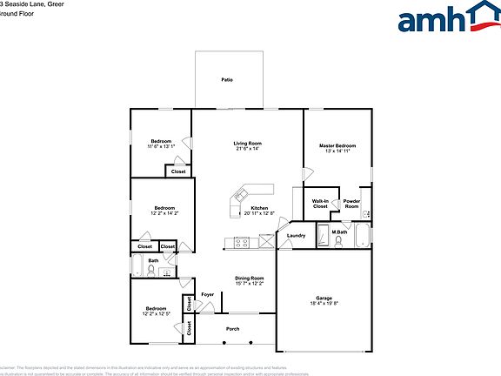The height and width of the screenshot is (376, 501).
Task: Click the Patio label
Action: coord(227,80)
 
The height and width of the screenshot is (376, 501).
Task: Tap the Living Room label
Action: coord(247,144)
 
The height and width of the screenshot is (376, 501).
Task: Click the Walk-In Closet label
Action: coord(320,204)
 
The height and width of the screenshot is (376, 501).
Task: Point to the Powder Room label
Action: coord(351,204)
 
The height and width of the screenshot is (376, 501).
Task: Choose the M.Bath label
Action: coord(339,232)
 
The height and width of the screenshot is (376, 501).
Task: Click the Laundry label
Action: coord(296,235)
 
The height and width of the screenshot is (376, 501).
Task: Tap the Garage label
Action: coord(324,299)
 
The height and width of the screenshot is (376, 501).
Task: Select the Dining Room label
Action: coord(249,278)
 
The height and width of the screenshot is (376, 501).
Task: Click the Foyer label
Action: coord(208,295)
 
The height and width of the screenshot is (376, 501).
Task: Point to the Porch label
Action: coord(233,329)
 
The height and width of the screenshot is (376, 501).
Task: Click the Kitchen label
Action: coord(259,208)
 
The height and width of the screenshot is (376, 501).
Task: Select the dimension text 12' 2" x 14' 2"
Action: coord(165,213)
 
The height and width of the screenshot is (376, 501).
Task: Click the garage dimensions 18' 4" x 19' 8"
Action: coord(324,305)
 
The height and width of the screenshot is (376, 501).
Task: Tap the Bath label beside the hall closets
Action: coord(153,261)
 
